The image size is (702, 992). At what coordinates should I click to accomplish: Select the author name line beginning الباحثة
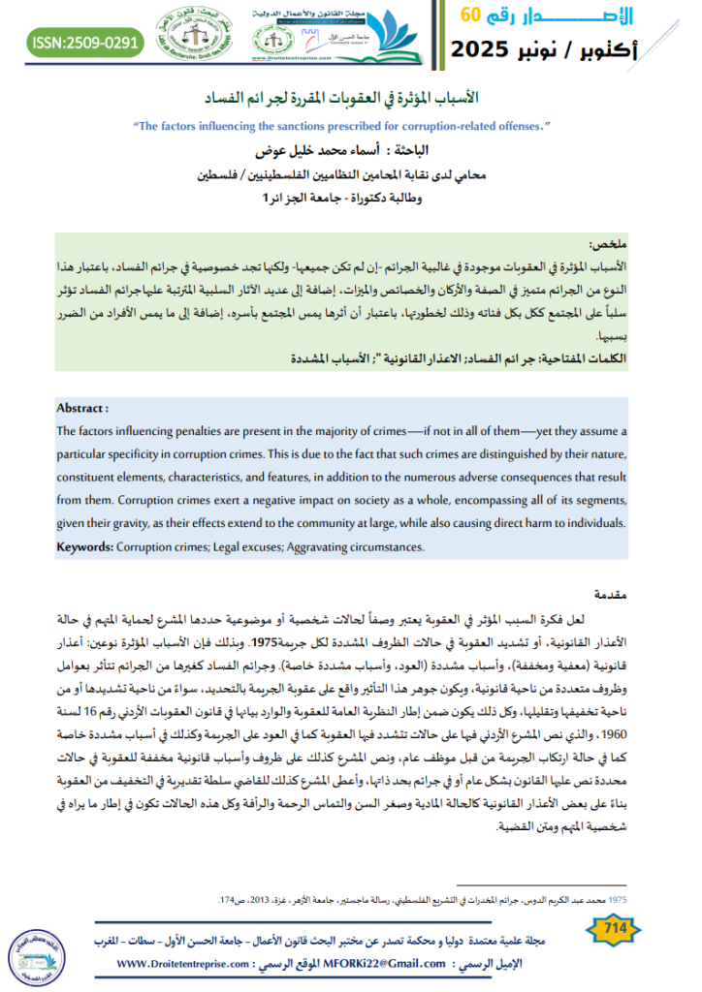(351, 153)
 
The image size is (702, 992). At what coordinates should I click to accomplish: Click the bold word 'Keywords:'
(85, 547)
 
